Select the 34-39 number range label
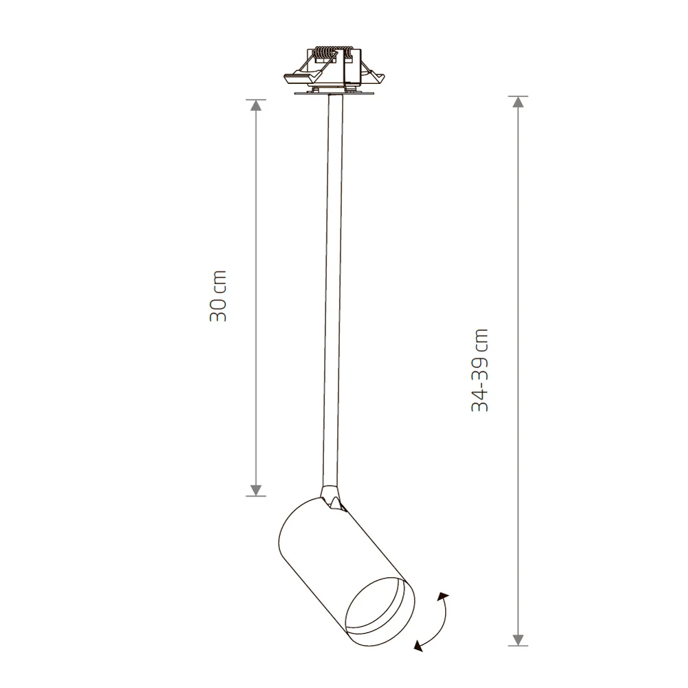point(480,383)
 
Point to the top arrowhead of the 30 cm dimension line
point(256,105)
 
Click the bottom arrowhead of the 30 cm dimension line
point(256,491)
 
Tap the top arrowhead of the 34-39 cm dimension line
point(518,102)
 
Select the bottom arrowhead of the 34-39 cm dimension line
point(518,640)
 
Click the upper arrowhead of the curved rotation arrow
point(444,597)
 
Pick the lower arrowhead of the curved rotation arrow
point(418,645)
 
